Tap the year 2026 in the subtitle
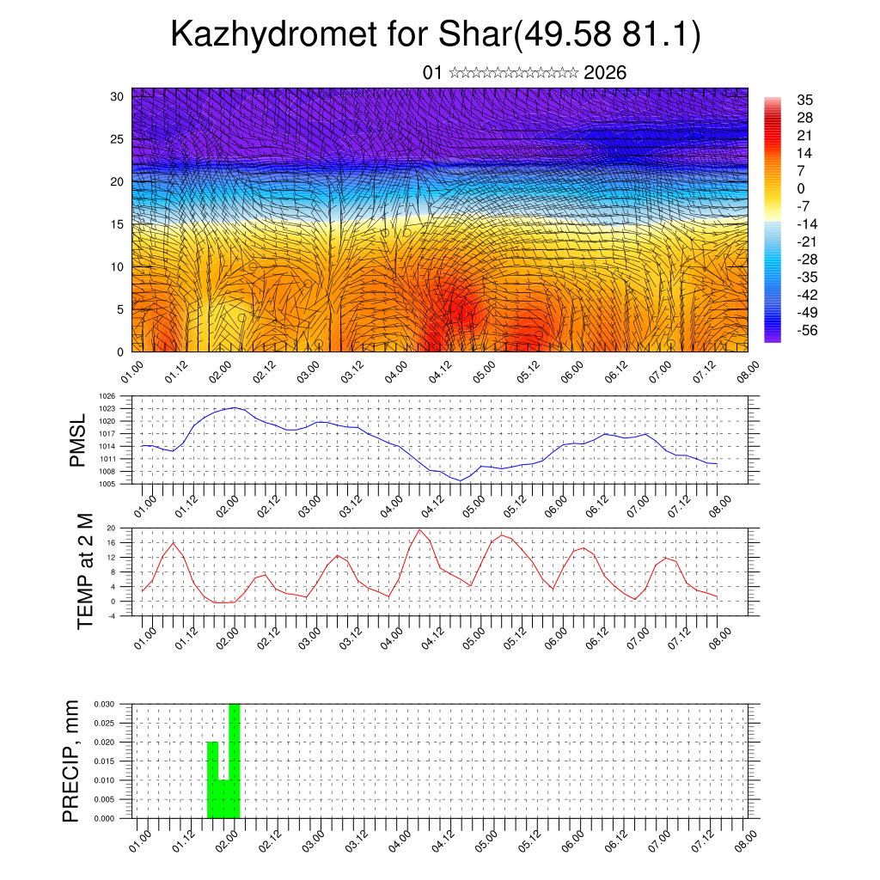(x=605, y=73)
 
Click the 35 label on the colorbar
(x=805, y=100)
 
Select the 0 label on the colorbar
(x=801, y=188)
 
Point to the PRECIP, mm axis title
(x=72, y=760)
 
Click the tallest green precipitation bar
(x=235, y=761)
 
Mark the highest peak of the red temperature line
(x=419, y=529)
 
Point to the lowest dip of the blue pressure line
(x=461, y=480)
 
